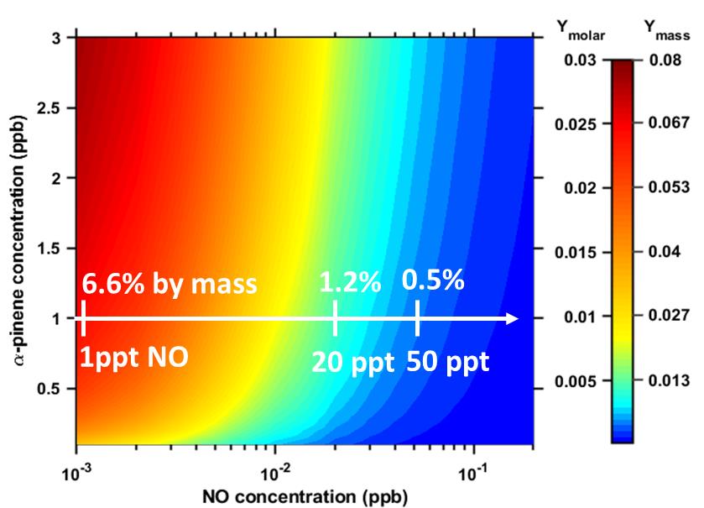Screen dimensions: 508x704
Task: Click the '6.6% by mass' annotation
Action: coord(169,284)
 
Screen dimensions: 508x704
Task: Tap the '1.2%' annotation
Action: coord(350,282)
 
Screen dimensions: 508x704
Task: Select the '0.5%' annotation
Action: coord(433,280)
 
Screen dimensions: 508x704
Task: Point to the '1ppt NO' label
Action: coord(134,357)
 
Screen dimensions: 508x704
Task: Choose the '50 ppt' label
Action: coord(449,362)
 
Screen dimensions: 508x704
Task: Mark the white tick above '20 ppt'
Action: coord(336,318)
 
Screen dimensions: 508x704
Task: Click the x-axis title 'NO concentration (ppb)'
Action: coord(304,495)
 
